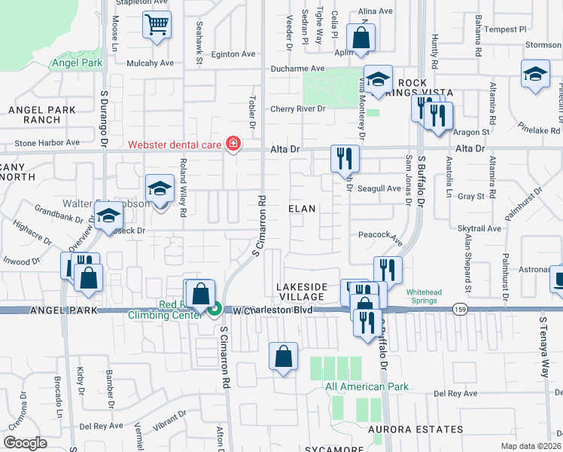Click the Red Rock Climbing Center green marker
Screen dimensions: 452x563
(215, 308)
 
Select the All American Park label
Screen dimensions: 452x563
(367, 386)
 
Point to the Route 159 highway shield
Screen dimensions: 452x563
(459, 309)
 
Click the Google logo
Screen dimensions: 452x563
(25, 442)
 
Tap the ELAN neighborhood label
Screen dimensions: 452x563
(301, 207)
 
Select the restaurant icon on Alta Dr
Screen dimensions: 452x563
(345, 157)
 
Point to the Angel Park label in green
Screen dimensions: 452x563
(77, 63)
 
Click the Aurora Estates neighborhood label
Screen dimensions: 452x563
(416, 429)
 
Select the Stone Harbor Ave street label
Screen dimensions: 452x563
(47, 142)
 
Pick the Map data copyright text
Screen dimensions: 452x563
(532, 445)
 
